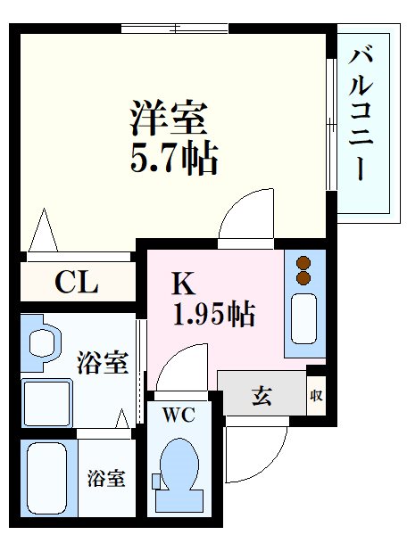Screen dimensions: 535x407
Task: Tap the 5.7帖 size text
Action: click(x=175, y=160)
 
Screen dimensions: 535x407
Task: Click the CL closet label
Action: click(x=76, y=284)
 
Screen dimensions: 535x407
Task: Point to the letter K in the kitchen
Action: click(x=182, y=284)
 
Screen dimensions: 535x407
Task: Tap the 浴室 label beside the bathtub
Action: click(x=105, y=479)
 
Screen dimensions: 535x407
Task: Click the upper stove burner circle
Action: click(x=303, y=263)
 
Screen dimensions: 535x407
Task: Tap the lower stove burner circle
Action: click(x=303, y=278)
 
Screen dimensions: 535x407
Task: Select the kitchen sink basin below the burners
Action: click(x=303, y=317)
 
